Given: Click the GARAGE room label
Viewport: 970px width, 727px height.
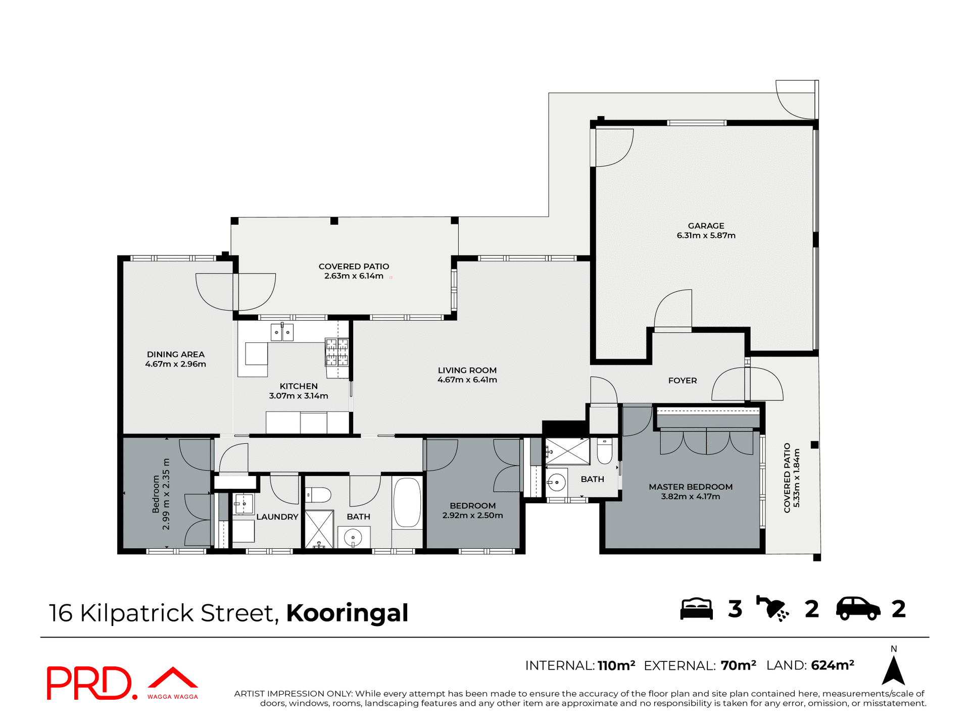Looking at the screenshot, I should [x=706, y=226].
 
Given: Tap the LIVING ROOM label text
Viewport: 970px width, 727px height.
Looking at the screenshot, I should [x=467, y=371].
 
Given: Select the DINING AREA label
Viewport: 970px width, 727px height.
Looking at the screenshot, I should [x=175, y=354].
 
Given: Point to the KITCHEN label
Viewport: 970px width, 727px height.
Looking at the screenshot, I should [x=299, y=386].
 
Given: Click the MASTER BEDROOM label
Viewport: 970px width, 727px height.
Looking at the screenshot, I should [x=690, y=487].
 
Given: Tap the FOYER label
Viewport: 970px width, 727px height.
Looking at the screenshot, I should [x=682, y=381].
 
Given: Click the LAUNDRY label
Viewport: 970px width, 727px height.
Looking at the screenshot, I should [x=277, y=516].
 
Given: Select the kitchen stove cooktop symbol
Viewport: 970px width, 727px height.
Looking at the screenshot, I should [x=336, y=352].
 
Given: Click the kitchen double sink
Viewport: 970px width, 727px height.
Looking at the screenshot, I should [x=282, y=332].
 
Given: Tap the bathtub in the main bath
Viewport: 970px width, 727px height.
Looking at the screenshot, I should [x=407, y=503].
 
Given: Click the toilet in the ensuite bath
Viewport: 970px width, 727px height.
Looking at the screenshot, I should [x=605, y=450].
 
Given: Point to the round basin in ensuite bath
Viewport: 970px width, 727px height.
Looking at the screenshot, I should [x=556, y=482].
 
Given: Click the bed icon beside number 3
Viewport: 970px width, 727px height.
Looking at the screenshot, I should [x=696, y=609].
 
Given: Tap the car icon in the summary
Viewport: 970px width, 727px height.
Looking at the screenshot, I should [x=857, y=609].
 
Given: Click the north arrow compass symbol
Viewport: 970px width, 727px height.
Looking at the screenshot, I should [x=893, y=670].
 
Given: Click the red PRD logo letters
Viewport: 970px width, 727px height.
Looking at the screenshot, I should [x=89, y=683].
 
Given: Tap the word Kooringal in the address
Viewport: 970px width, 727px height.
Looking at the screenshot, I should [x=347, y=613].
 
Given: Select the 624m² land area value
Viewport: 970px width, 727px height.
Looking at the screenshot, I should [x=832, y=665].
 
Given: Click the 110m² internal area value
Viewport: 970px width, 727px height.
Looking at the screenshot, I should [x=616, y=665].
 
